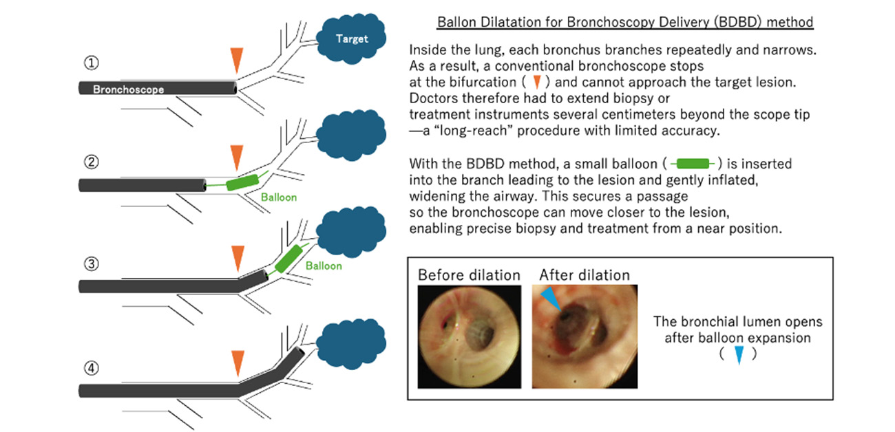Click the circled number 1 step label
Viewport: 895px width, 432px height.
point(92,63)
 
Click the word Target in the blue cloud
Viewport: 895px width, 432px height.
point(352,39)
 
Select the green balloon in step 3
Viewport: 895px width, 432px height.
point(288,257)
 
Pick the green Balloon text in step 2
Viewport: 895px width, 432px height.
point(279,197)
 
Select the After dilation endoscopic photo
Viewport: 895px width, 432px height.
point(585,337)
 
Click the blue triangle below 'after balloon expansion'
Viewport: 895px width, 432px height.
point(738,355)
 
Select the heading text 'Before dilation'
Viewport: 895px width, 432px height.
point(469,275)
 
